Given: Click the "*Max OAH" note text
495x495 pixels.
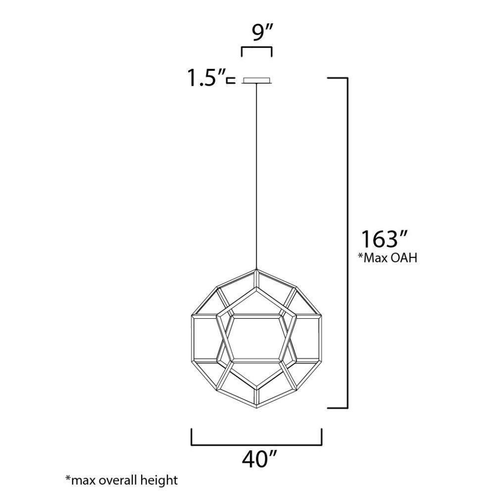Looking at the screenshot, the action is pyautogui.click(x=388, y=257).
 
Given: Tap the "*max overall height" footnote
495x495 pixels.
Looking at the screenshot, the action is pyautogui.click(x=122, y=480).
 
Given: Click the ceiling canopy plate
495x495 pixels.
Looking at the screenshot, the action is pyautogui.click(x=256, y=80).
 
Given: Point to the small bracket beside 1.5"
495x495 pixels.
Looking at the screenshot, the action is pyautogui.click(x=231, y=81).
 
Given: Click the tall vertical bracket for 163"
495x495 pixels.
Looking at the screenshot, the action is pyautogui.click(x=347, y=243).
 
